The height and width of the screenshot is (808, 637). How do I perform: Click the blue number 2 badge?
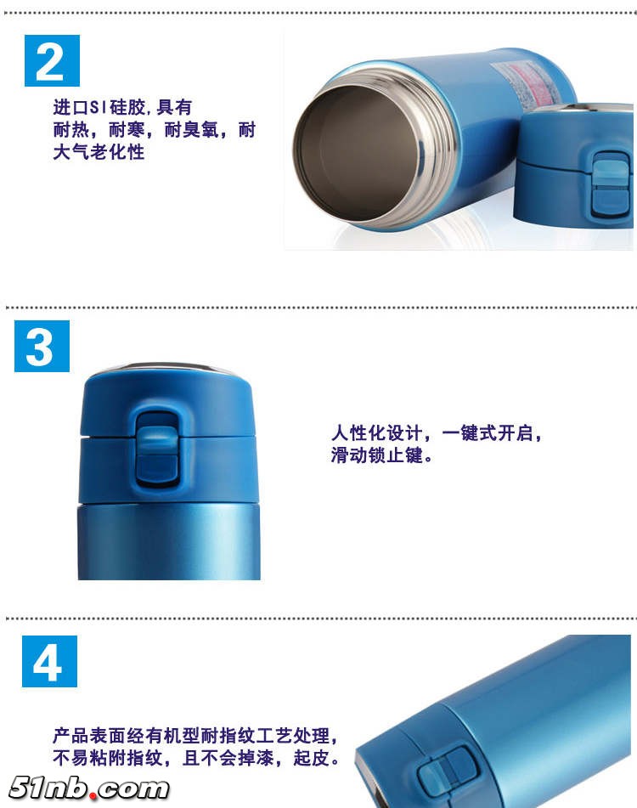(x=52, y=61)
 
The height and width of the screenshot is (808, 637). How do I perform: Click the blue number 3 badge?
(x=42, y=346)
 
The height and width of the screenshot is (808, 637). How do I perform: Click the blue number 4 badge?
(x=49, y=661)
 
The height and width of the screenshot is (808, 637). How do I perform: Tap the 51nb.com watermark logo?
(x=88, y=788)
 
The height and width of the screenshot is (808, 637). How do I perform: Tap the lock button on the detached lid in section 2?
(x=611, y=185)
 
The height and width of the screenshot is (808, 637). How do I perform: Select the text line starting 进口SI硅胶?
(x=122, y=107)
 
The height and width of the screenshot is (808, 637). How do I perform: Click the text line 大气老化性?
(x=99, y=152)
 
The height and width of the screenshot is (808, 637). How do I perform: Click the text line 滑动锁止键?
(x=381, y=455)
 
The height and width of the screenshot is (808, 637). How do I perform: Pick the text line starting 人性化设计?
(x=437, y=432)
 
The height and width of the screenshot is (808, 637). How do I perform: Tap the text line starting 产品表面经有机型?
(x=195, y=735)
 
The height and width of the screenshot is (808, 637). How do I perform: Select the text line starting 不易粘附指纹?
(x=195, y=758)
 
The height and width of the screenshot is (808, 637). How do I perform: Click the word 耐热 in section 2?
(x=71, y=129)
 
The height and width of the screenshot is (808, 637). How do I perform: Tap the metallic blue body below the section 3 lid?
(x=169, y=541)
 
